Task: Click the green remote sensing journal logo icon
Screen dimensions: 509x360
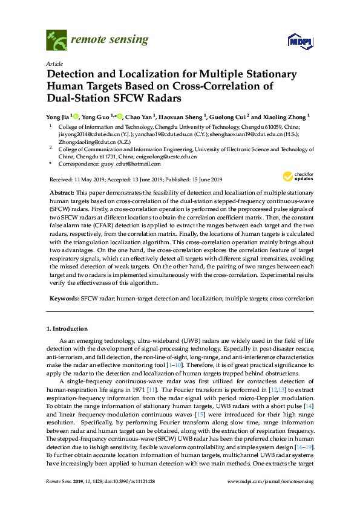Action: point(56,41)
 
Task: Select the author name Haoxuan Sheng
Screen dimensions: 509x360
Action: point(183,116)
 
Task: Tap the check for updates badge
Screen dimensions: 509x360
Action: point(295,177)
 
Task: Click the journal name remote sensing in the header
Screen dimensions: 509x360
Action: point(109,40)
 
